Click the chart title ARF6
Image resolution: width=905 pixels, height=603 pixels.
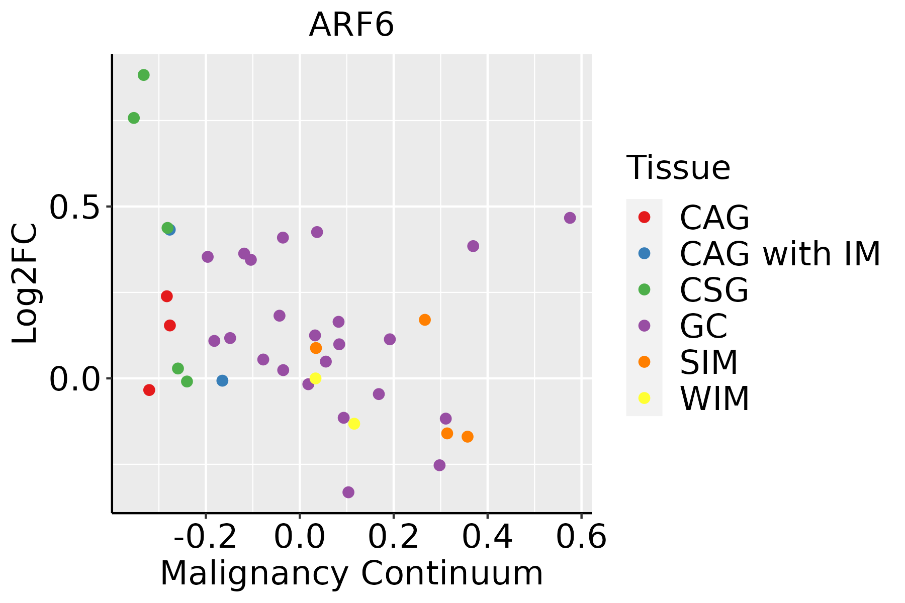(x=351, y=25)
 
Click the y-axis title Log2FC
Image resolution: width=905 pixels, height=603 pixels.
(x=25, y=284)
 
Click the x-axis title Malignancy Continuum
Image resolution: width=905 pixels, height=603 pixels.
(x=351, y=573)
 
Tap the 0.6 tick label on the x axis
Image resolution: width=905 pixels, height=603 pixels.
(x=581, y=537)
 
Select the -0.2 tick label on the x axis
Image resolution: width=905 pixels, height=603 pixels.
(x=205, y=537)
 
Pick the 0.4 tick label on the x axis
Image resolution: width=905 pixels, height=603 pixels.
(x=487, y=537)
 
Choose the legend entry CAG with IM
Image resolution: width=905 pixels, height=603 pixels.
(x=780, y=254)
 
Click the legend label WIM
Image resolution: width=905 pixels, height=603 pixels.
(x=714, y=398)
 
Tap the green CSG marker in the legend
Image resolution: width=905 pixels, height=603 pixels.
(x=644, y=289)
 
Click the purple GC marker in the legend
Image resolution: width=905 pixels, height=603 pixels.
(x=644, y=326)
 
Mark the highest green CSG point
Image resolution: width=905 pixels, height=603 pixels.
(x=144, y=75)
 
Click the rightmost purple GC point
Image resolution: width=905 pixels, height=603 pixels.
(x=570, y=218)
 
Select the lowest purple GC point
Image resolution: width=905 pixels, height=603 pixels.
(x=348, y=492)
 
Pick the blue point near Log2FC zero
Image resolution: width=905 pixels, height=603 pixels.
(x=222, y=380)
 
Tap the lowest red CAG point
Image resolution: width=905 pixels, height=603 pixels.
(x=149, y=390)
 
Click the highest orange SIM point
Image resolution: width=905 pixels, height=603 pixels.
(x=425, y=320)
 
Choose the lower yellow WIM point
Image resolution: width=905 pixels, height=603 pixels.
(x=354, y=424)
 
